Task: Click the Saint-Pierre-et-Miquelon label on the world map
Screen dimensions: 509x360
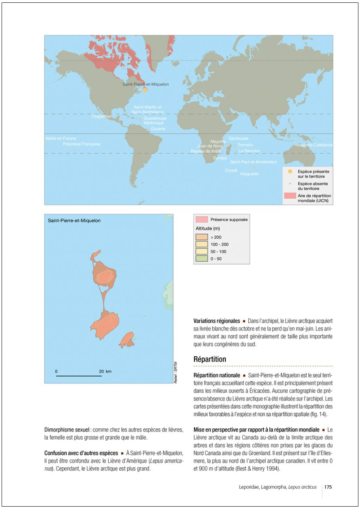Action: [x=146, y=84]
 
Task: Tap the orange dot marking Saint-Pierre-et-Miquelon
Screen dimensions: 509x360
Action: [x=145, y=90]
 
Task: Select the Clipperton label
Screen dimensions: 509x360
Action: [x=102, y=117]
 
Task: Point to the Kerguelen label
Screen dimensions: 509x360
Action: [x=250, y=174]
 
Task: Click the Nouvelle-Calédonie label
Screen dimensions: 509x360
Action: [x=314, y=145]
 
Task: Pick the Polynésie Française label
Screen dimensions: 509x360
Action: [x=82, y=144]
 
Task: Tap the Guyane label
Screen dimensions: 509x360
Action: [x=158, y=129]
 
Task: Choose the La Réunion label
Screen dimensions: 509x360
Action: [x=249, y=151]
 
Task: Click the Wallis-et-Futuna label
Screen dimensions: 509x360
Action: [x=60, y=138]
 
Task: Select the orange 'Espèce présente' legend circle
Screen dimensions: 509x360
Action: [x=290, y=171]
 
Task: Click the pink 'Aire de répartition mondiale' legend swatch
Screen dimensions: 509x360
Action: [x=290, y=196]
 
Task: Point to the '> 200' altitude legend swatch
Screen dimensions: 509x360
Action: [x=202, y=237]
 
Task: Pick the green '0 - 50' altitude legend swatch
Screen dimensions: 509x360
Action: [x=202, y=259]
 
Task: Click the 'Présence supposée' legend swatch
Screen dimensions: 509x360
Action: [x=202, y=220]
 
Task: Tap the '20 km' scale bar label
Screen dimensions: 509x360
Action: [x=105, y=371]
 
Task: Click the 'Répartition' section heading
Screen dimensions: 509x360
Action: [x=210, y=359]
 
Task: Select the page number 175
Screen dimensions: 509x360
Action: [x=328, y=487]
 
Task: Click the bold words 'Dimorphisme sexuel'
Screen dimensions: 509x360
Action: [x=67, y=430]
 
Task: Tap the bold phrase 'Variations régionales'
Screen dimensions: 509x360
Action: [x=216, y=321]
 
